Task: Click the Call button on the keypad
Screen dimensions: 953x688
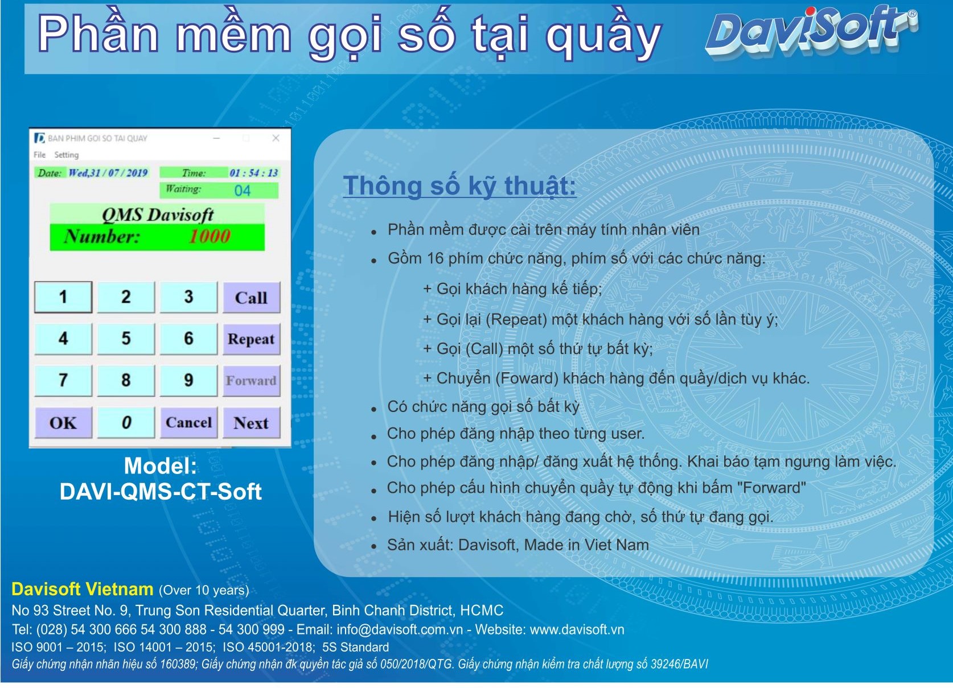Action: click(x=252, y=297)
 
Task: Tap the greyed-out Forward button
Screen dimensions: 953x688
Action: click(x=252, y=381)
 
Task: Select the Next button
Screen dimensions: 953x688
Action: click(x=252, y=423)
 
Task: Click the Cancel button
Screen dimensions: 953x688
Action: click(x=188, y=423)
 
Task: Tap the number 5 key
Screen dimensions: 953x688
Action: click(x=126, y=339)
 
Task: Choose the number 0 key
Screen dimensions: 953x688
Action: click(x=126, y=423)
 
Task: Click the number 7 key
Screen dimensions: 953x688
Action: click(x=63, y=381)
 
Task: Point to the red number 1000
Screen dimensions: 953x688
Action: click(x=210, y=236)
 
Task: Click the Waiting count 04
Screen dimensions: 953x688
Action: click(x=242, y=191)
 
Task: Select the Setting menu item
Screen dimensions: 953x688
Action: click(x=67, y=155)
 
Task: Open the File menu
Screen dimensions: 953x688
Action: click(x=40, y=155)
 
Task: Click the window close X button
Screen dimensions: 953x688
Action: click(x=276, y=138)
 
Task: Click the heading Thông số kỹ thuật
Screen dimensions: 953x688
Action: click(x=459, y=186)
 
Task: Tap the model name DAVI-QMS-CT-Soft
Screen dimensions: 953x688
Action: click(x=161, y=492)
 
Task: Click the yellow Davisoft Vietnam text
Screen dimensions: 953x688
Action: click(x=82, y=590)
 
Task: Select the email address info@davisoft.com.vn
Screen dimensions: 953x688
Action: click(x=400, y=629)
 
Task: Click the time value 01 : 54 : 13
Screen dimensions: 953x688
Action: click(x=253, y=172)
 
